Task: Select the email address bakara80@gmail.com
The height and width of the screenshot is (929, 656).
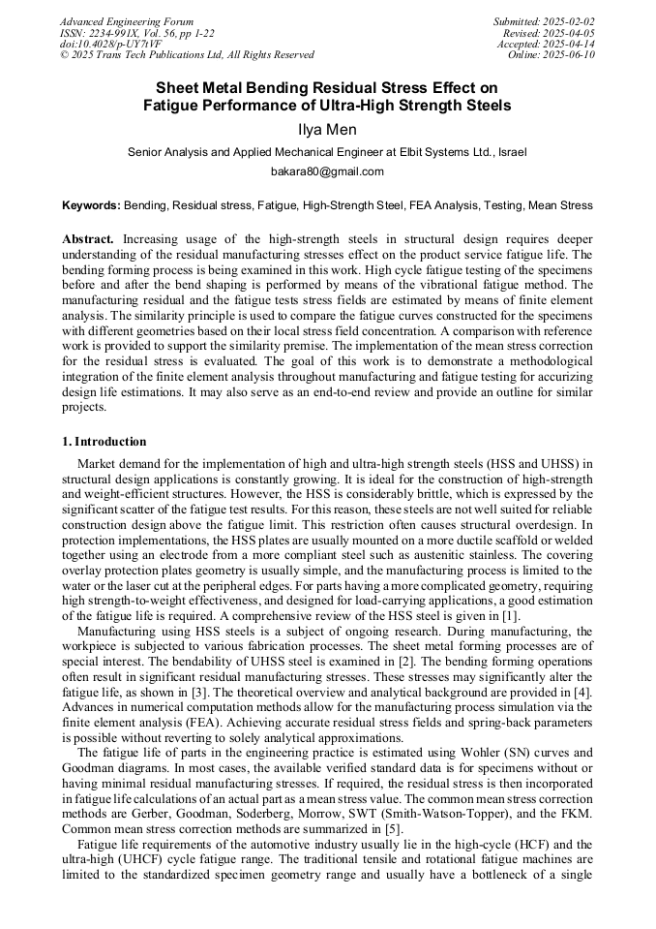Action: click(327, 171)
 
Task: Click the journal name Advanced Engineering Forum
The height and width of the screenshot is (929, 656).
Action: click(127, 21)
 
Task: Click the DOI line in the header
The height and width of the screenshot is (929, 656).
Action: click(100, 45)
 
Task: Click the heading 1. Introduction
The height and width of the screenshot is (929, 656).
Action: click(104, 442)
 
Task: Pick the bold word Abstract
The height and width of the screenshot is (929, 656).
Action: click(87, 238)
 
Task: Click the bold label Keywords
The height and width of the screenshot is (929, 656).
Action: click(91, 205)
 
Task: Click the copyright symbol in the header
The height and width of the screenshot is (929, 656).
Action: click(64, 55)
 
